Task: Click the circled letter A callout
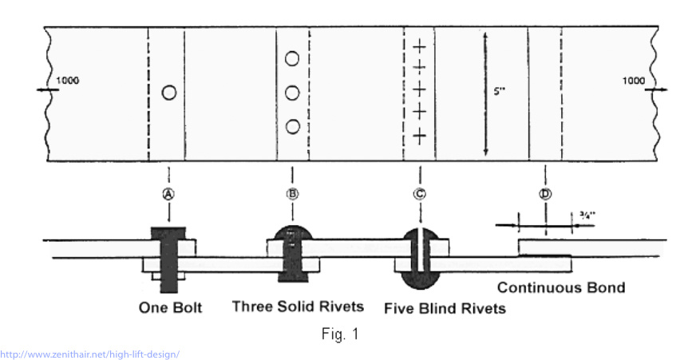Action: pos(168,192)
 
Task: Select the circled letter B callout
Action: pos(292,192)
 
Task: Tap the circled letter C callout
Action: pos(419,192)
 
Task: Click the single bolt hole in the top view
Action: pos(168,93)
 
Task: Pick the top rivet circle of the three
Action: pos(292,58)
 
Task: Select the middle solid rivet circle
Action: pos(292,93)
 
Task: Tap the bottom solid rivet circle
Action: pos(292,125)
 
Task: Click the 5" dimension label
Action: pos(500,91)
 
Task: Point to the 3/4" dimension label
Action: pos(585,214)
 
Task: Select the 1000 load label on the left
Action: pos(68,80)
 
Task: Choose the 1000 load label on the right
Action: pos(633,80)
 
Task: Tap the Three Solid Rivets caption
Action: pos(298,306)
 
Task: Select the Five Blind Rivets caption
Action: pos(445,308)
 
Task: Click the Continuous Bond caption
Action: pos(561,287)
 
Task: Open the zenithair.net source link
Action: pos(90,354)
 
